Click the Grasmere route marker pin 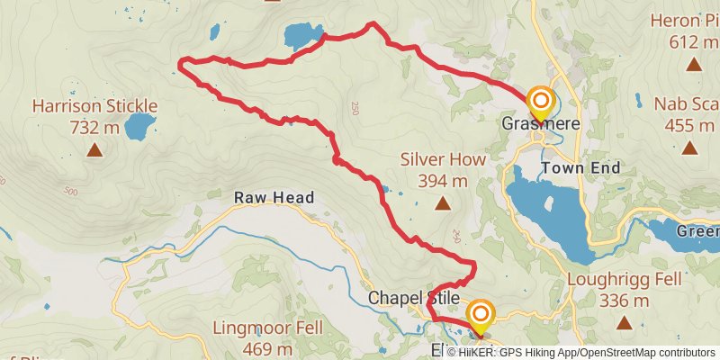541,100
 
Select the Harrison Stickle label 94,106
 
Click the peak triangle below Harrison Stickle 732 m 94,149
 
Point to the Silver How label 443,160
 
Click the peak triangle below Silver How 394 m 443,204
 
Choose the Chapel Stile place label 414,297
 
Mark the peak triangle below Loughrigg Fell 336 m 623,322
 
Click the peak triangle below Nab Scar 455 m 690,147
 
